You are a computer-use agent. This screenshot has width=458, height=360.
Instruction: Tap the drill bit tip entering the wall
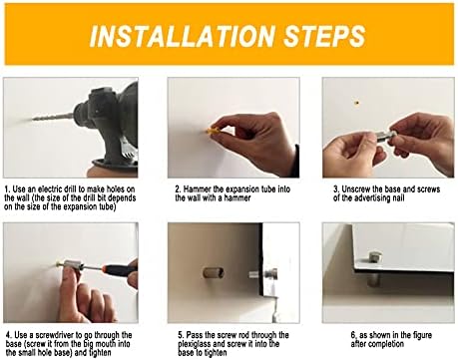33,119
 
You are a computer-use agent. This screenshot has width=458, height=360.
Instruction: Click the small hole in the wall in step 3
357,103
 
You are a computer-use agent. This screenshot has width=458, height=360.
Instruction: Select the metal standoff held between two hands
385,137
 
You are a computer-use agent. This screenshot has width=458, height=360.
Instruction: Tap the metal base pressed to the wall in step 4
72,266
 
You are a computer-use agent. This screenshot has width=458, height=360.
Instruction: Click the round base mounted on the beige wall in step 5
214,273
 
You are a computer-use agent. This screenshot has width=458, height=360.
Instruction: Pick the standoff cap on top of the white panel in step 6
376,257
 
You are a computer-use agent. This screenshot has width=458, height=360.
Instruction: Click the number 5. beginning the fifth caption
182,335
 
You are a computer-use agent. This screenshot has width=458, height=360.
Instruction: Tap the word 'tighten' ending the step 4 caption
100,353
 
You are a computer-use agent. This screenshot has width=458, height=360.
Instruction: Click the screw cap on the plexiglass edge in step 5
272,274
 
